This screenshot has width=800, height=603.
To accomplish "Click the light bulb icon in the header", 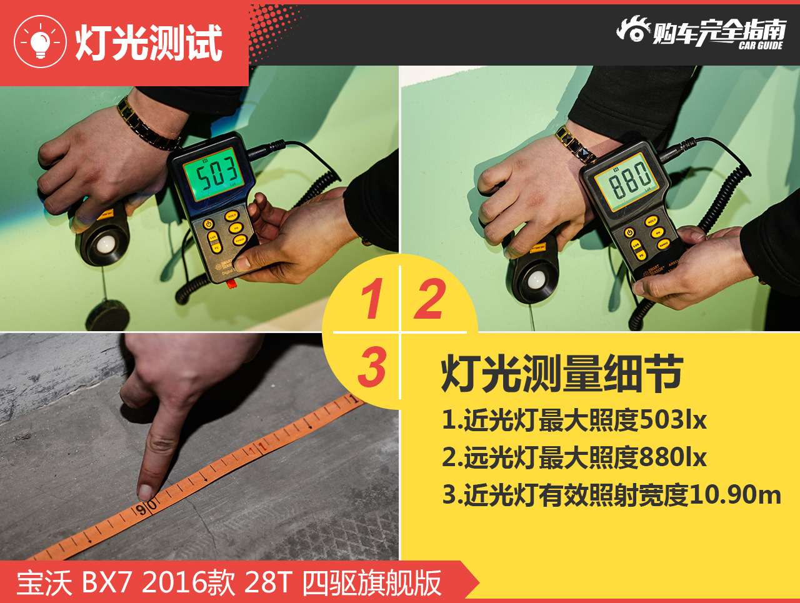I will [x=40, y=42].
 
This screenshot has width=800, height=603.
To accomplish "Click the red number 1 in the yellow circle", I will [x=371, y=299].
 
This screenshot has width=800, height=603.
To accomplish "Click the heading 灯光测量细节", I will [x=561, y=374].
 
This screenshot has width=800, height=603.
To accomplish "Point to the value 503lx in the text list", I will [x=672, y=420].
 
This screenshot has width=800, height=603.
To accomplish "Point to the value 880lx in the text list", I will [x=672, y=457].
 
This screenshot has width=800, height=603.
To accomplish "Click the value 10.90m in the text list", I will [x=734, y=495].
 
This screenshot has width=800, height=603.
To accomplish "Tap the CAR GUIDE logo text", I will [x=760, y=46].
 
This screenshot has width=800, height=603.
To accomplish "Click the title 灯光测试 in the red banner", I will [x=149, y=43].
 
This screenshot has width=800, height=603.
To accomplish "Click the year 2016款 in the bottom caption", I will [x=188, y=583].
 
